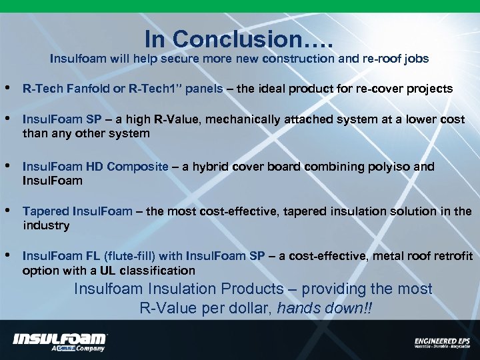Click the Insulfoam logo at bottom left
click(60, 338)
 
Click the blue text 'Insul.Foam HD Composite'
click(95, 167)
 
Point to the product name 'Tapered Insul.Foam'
click(77, 211)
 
